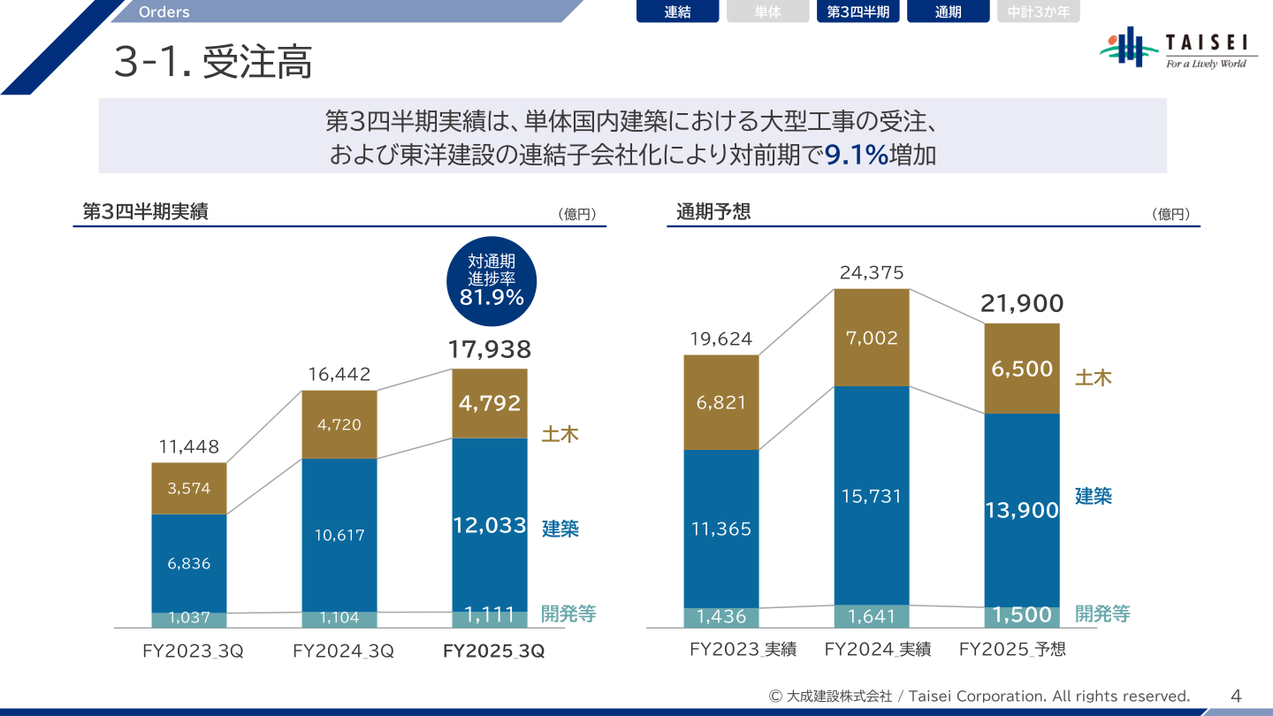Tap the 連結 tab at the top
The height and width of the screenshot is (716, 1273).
[677, 12]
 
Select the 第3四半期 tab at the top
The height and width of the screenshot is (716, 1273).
[858, 12]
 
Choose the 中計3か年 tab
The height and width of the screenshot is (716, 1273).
[1038, 12]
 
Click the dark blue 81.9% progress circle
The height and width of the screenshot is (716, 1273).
[492, 278]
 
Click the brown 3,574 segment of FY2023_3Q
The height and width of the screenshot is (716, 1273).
[189, 488]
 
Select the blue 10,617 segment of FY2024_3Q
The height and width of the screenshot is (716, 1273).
[339, 535]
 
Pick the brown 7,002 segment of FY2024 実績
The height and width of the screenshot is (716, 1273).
[872, 338]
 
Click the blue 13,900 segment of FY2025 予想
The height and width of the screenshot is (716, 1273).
[1021, 510]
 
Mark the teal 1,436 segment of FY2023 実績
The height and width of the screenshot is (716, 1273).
[721, 617]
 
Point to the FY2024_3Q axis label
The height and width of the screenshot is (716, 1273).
[343, 651]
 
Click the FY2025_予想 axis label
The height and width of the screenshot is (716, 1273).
[1012, 650]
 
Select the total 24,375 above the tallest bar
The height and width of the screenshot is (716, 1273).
[872, 273]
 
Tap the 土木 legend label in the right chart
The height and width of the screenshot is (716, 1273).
[1093, 378]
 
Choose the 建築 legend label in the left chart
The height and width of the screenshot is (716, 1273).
[560, 529]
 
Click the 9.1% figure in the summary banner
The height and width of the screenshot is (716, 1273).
[856, 156]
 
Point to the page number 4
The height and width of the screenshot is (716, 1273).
[1236, 697]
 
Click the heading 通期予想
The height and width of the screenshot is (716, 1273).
[713, 211]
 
